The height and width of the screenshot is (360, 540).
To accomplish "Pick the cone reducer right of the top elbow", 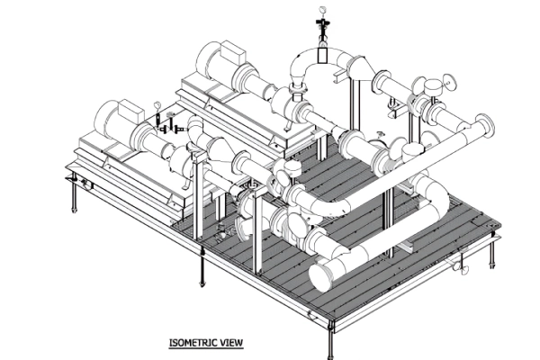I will point(353,67).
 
